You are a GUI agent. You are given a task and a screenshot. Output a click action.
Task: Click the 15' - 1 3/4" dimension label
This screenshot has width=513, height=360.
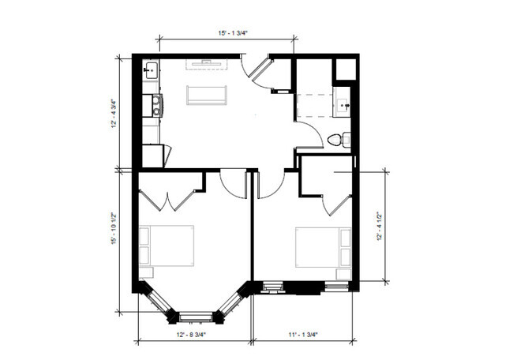tap(234, 33)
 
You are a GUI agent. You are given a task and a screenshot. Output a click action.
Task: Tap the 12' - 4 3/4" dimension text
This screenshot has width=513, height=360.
tap(114, 113)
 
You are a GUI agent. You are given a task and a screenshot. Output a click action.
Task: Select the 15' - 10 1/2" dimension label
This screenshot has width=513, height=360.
tap(114, 228)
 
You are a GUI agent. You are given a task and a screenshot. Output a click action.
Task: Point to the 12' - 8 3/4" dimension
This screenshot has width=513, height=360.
tap(192, 335)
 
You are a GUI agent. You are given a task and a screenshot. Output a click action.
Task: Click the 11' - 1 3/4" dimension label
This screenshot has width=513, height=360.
tap(303, 335)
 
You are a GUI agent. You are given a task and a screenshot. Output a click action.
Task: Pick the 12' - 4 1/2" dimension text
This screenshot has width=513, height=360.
tap(380, 227)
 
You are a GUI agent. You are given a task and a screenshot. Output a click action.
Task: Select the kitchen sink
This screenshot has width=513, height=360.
tap(151, 70)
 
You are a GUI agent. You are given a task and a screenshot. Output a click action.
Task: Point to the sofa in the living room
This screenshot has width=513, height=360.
tap(207, 96)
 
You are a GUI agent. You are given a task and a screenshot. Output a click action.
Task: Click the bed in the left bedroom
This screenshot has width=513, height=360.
tap(167, 246)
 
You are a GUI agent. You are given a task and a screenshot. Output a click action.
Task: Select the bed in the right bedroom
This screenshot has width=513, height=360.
tap(324, 247)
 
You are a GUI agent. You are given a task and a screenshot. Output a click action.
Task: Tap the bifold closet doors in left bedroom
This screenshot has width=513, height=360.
tap(167, 201)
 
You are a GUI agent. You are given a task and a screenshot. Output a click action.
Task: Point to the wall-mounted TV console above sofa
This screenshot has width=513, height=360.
tap(207, 64)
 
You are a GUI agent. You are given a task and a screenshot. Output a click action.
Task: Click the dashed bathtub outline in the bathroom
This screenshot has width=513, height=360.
tap(315, 105)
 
